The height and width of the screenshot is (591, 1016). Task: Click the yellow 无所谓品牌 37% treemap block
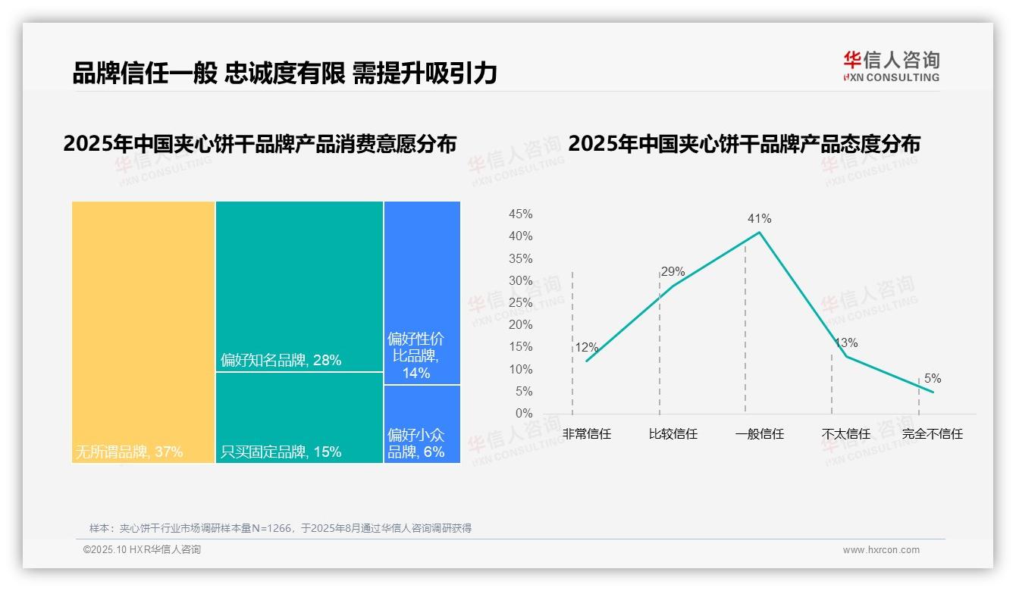(x=143, y=331)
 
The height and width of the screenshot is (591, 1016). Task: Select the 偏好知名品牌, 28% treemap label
(x=281, y=361)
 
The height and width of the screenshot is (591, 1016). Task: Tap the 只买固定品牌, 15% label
(x=281, y=452)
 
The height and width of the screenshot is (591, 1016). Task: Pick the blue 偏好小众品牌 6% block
(x=422, y=424)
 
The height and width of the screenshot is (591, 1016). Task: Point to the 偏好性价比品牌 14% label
(x=415, y=355)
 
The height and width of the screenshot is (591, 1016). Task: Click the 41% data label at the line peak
(x=759, y=219)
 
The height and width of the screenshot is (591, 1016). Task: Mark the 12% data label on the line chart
(x=586, y=349)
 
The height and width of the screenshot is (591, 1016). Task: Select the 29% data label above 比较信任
(x=673, y=272)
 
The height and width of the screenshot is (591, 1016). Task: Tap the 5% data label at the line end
(x=933, y=379)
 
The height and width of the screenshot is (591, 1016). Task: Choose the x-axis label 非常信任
(x=587, y=434)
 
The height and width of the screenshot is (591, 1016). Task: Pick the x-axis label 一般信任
(x=759, y=434)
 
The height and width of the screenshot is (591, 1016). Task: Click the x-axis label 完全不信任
(x=932, y=434)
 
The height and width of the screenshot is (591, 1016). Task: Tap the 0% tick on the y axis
(x=524, y=414)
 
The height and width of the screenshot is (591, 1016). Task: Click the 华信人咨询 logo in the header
(x=891, y=66)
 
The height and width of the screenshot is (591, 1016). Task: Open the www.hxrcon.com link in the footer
(x=881, y=550)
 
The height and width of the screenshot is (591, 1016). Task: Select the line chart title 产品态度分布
(x=744, y=144)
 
